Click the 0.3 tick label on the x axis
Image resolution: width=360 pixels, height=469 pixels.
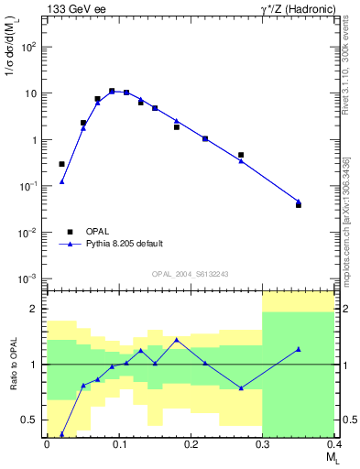click(x=264, y=445)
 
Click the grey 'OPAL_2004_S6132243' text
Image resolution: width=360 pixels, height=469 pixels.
click(x=191, y=274)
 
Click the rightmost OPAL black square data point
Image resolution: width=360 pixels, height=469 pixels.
click(x=299, y=205)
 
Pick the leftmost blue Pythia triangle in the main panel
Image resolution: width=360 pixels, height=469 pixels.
click(x=61, y=181)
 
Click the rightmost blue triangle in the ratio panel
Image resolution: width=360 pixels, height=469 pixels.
click(x=299, y=349)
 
